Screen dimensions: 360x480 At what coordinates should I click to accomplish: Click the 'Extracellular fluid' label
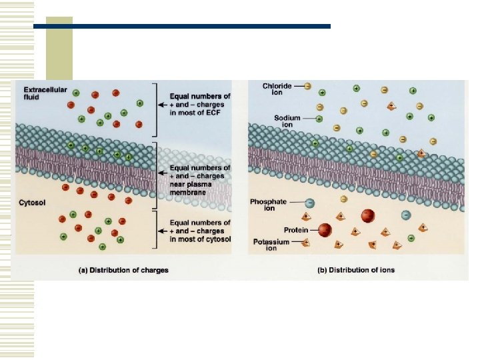(x=39, y=93)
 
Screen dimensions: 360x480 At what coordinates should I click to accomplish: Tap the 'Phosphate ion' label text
(x=268, y=205)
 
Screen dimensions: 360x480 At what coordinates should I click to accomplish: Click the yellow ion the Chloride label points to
(x=307, y=86)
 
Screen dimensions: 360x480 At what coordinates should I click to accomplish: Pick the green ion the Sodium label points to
(x=319, y=119)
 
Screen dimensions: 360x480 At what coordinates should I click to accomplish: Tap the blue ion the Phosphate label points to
(x=310, y=202)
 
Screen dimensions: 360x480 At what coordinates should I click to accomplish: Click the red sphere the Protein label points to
(x=325, y=229)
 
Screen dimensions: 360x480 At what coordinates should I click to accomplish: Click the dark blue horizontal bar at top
(x=181, y=26)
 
